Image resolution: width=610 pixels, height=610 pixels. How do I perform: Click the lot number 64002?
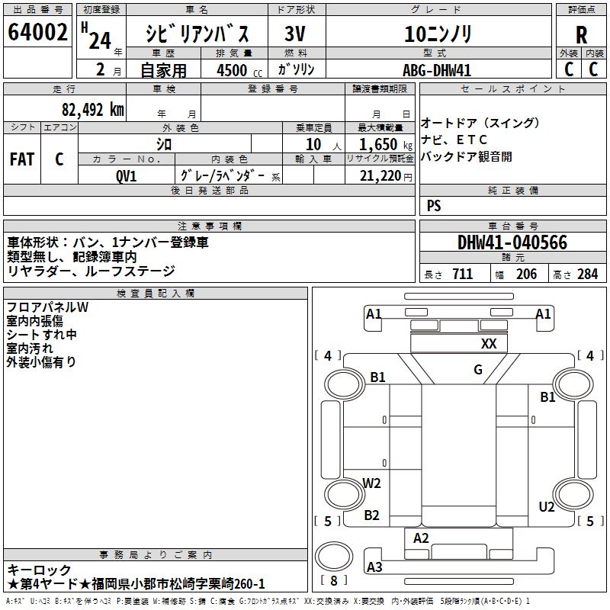click(37, 32)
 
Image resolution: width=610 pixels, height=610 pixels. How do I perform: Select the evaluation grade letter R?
click(581, 35)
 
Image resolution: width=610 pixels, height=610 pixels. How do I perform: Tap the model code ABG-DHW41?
click(437, 70)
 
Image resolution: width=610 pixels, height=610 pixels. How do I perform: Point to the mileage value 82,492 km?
click(93, 110)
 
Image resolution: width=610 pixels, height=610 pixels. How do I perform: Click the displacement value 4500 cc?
click(239, 70)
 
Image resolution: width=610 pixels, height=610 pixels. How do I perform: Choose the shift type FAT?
click(22, 159)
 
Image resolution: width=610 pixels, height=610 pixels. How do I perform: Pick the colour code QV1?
click(126, 176)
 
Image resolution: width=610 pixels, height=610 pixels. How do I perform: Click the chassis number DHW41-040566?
click(512, 242)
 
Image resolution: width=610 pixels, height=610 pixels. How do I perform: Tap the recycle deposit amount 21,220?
click(380, 176)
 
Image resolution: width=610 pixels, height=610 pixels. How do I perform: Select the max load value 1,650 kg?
click(386, 145)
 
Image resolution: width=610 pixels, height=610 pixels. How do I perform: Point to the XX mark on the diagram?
click(489, 344)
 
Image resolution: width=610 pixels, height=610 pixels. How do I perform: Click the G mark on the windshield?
click(478, 369)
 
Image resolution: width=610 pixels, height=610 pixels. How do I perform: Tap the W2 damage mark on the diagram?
click(371, 483)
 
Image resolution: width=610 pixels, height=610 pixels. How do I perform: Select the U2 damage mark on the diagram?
click(547, 506)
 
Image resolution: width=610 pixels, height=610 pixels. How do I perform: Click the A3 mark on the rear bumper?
click(374, 567)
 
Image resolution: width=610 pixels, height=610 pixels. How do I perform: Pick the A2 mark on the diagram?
click(421, 538)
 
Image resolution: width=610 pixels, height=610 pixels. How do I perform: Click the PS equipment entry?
click(434, 206)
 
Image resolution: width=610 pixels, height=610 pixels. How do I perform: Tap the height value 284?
click(587, 274)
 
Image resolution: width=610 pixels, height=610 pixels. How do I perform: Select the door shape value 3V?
click(294, 34)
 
